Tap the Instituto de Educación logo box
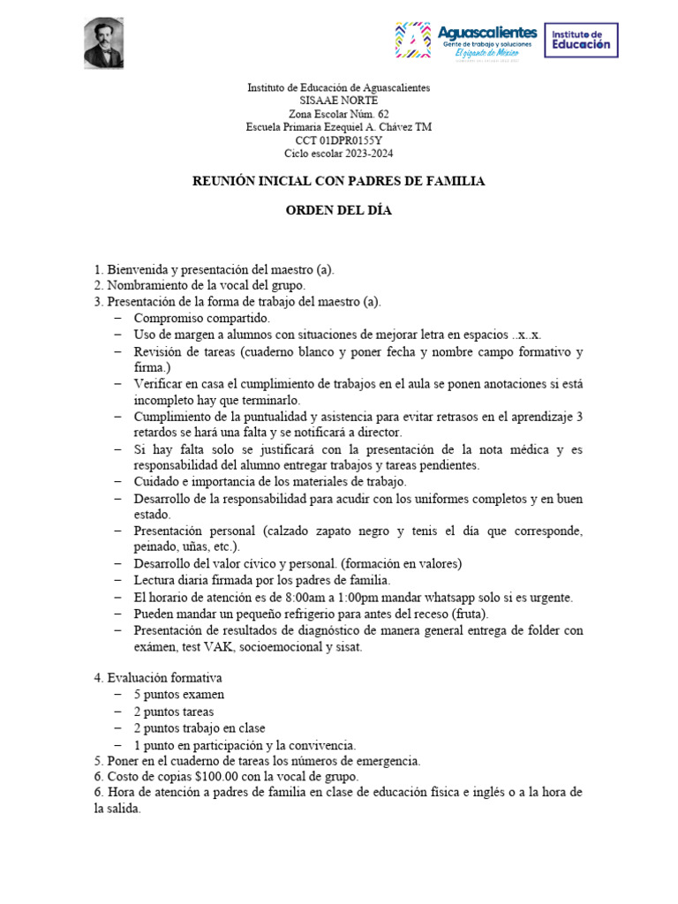580,40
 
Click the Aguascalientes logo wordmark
487,33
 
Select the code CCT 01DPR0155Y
339,140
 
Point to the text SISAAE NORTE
339,101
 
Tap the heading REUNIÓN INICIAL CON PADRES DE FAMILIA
339,181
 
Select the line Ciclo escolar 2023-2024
339,154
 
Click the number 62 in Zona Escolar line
381,114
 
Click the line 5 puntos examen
179,695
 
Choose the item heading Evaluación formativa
164,678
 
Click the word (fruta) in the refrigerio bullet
469,614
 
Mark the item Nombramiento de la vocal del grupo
206,285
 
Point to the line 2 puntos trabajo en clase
200,728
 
